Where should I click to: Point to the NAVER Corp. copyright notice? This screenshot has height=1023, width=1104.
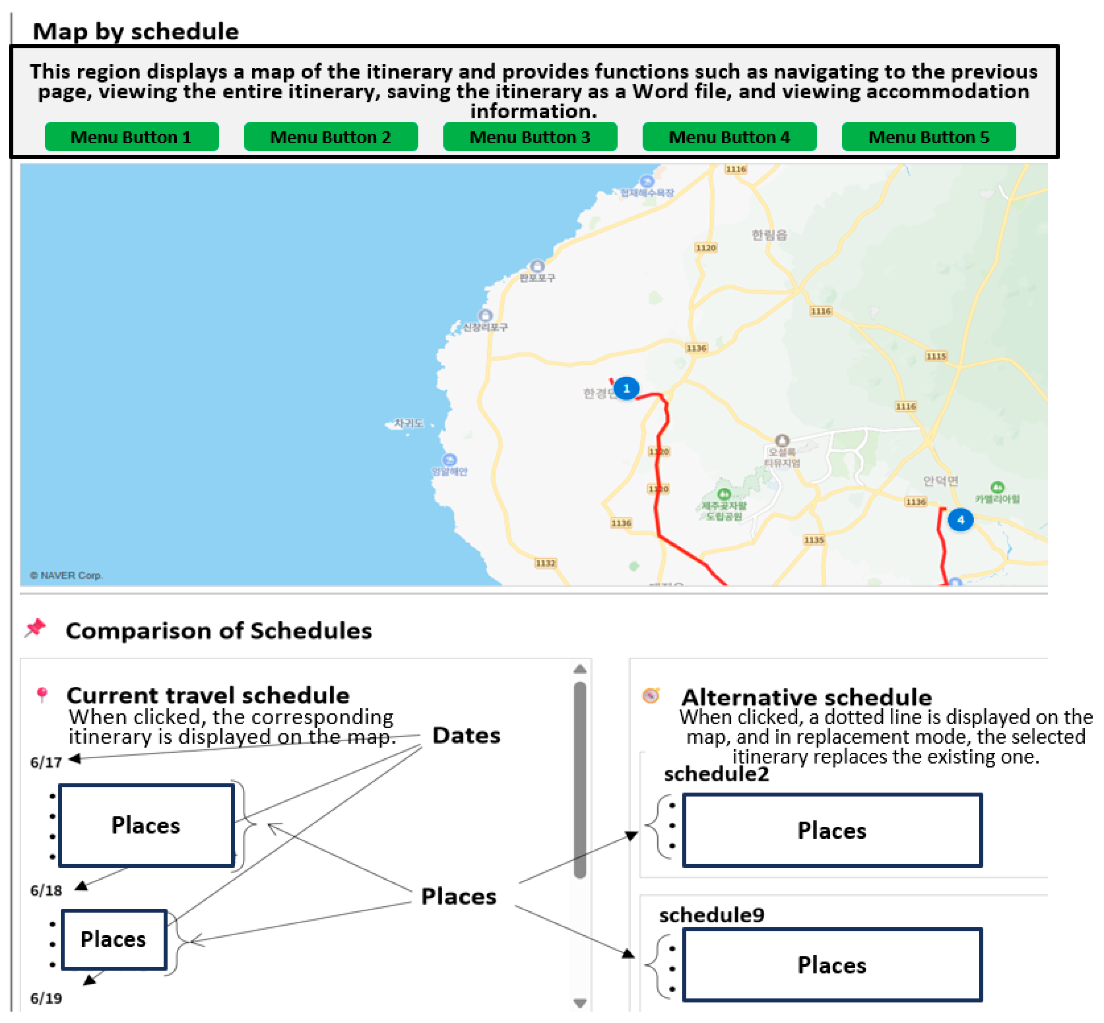click(66, 575)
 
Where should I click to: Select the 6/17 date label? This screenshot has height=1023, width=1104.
click(46, 762)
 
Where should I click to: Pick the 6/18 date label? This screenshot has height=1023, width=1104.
click(46, 890)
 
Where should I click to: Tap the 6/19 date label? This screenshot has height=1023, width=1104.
click(46, 998)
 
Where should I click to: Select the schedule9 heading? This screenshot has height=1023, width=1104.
click(712, 915)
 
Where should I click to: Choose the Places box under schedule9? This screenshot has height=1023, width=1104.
click(832, 965)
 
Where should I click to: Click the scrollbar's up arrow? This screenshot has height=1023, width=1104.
click(580, 669)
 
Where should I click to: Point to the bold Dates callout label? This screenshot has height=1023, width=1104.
click(466, 735)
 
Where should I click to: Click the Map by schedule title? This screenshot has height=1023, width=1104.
click(135, 32)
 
